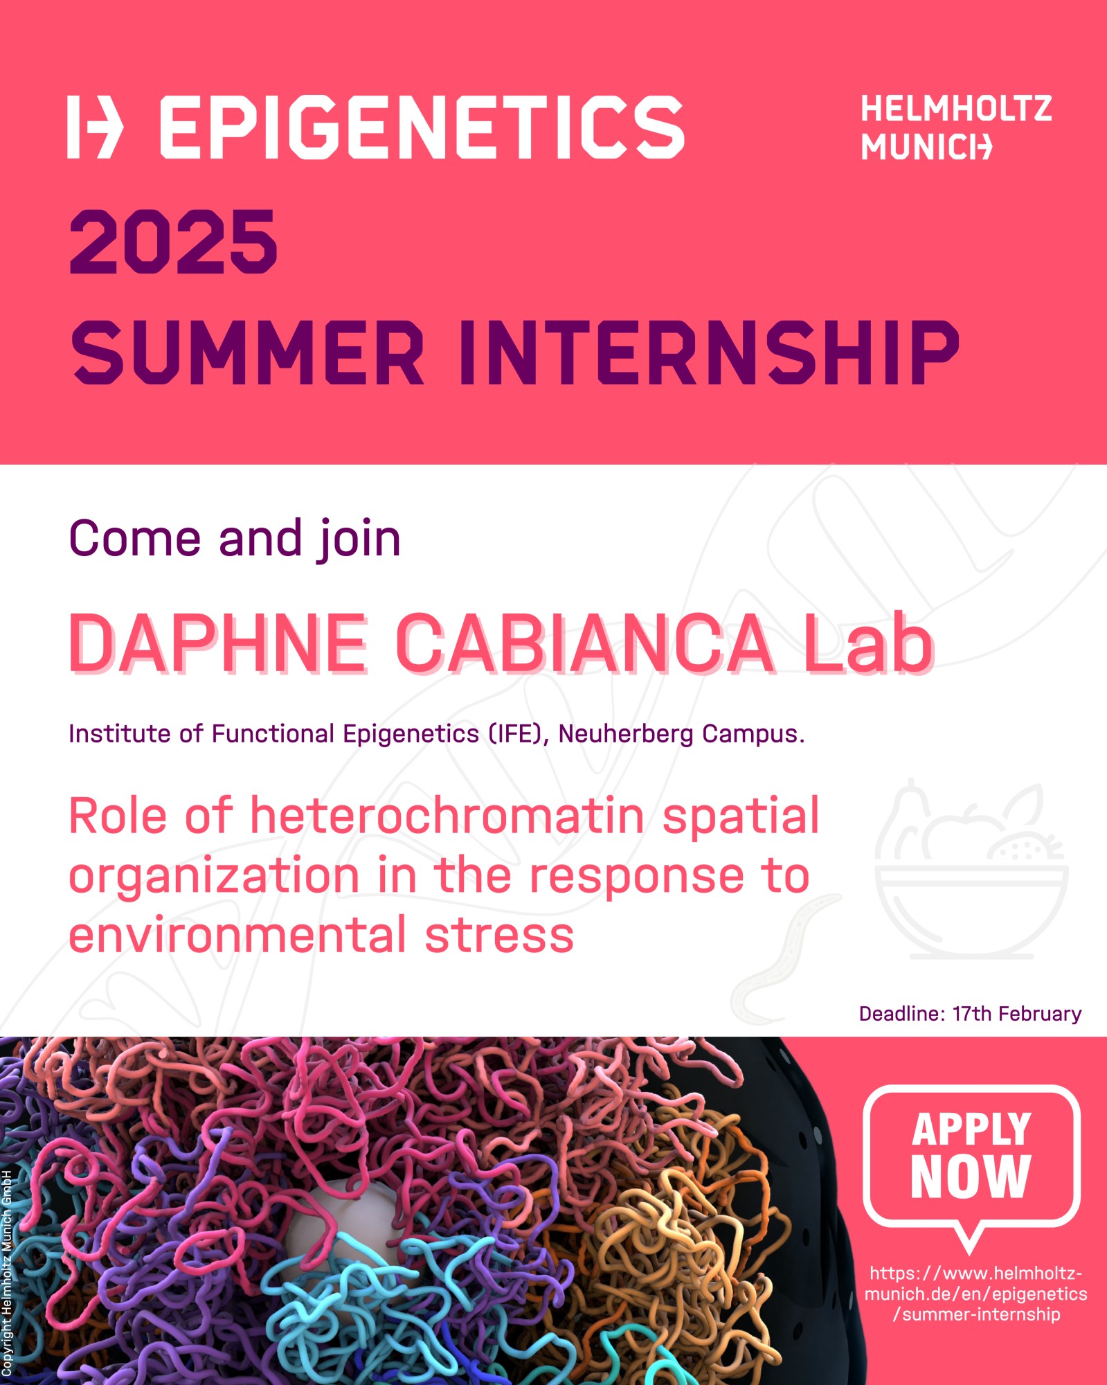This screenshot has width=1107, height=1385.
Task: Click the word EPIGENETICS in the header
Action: [422, 127]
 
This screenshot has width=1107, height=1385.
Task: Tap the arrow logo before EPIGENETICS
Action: [95, 127]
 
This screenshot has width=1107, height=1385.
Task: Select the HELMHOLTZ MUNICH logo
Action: [956, 128]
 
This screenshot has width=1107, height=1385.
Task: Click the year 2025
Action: [173, 242]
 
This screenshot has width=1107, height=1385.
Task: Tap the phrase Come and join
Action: [235, 539]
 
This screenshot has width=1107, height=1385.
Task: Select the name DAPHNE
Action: [217, 643]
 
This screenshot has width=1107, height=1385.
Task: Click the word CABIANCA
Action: [585, 643]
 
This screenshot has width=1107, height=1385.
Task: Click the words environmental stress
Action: [321, 935]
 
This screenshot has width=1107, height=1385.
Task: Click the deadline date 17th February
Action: [1017, 1015]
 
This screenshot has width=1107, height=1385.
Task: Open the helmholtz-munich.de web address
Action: [976, 1294]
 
